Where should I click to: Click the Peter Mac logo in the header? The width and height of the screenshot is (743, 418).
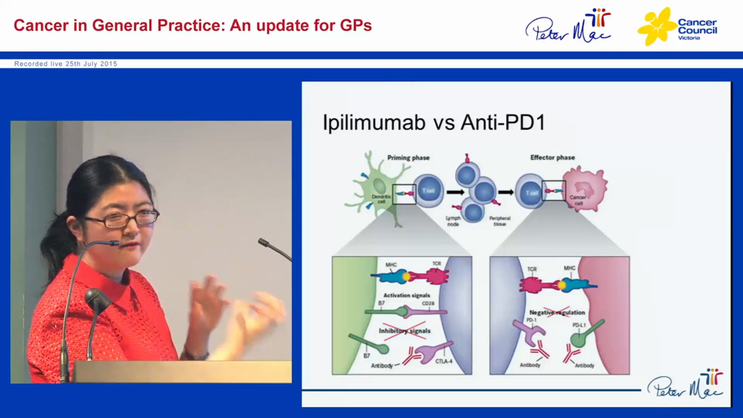click(x=568, y=26)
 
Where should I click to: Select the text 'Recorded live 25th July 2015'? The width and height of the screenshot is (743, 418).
click(x=66, y=64)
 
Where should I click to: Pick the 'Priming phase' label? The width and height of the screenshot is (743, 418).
click(x=408, y=158)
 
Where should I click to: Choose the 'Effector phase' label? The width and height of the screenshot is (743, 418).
click(x=553, y=158)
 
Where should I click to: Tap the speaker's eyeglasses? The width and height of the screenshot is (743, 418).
click(x=122, y=219)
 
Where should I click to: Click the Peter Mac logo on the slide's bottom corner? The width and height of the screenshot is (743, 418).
click(x=686, y=384)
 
